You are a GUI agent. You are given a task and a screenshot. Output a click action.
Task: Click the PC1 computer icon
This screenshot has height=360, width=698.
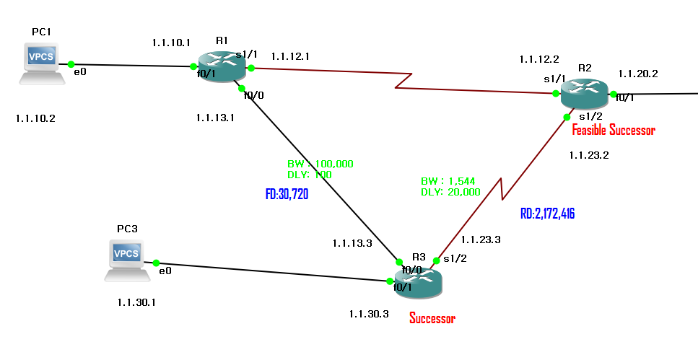(x=42, y=63)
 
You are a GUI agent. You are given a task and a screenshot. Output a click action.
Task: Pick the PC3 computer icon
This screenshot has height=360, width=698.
(x=126, y=261)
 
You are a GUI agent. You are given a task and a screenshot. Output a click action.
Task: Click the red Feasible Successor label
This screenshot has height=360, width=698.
(x=613, y=131)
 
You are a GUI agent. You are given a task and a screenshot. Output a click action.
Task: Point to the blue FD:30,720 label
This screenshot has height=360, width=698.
(x=287, y=194)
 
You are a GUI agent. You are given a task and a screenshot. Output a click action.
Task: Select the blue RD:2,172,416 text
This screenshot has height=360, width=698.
(x=547, y=214)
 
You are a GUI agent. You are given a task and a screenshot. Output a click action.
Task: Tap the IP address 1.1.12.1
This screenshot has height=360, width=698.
(x=289, y=56)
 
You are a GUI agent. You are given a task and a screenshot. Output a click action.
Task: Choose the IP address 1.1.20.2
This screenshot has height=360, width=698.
(x=637, y=74)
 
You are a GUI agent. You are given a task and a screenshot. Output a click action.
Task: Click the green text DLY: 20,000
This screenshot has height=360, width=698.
(x=450, y=192)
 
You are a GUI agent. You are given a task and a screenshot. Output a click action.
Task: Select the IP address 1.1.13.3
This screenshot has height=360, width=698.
(x=352, y=243)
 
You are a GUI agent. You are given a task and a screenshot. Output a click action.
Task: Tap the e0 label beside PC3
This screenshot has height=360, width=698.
(x=165, y=271)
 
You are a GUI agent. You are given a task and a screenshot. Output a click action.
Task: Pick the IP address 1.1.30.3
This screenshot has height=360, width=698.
(x=369, y=313)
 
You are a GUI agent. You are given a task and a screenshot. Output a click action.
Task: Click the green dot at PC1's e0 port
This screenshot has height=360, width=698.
(x=71, y=64)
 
